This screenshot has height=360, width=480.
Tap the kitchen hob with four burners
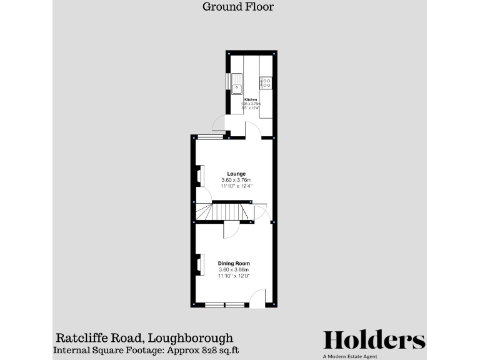[x=266, y=82]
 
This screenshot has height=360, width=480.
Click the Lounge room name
[x=236, y=174]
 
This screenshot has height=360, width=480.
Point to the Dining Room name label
[x=234, y=263]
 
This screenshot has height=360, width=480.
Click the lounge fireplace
[x=199, y=176]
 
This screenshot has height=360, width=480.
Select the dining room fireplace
[x=199, y=264]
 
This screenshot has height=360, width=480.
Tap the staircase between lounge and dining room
[x=225, y=212]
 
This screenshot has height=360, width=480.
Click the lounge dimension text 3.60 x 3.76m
[x=236, y=180]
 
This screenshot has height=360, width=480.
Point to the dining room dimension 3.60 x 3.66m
[x=234, y=269]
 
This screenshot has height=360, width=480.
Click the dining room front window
[x=225, y=304]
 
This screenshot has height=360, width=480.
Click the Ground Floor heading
[x=238, y=7]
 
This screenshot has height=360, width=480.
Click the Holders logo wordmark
[x=374, y=340]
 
